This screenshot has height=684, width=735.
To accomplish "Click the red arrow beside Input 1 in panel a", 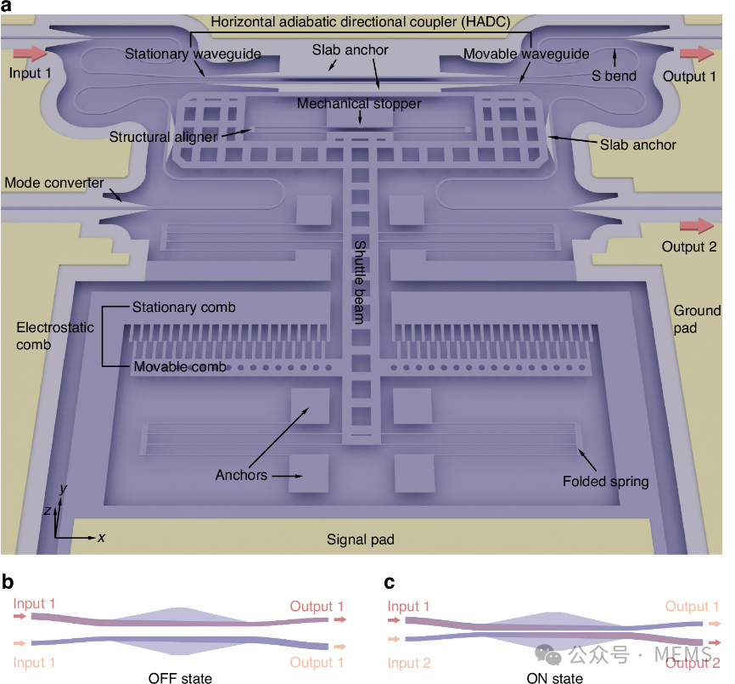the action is pyautogui.click(x=31, y=53).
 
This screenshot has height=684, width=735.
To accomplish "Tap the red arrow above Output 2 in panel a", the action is pyautogui.click(x=697, y=225).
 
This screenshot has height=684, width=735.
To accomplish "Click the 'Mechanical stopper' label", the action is pyautogui.click(x=359, y=104).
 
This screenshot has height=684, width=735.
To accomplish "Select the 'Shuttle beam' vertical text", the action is pyautogui.click(x=360, y=282).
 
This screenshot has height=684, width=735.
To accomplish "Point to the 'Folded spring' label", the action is pyautogui.click(x=606, y=481).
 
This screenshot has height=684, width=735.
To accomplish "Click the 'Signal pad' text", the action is pyautogui.click(x=361, y=540).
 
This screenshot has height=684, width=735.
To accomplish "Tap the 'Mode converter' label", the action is pyautogui.click(x=54, y=183).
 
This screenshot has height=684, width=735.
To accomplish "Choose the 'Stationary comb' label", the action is pyautogui.click(x=183, y=308).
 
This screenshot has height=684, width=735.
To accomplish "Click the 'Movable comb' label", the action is pyautogui.click(x=180, y=366).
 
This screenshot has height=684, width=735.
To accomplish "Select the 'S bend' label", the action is pyautogui.click(x=614, y=76).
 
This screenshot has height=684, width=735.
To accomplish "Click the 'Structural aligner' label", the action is pyautogui.click(x=164, y=137).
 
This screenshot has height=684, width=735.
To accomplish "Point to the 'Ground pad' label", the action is pyautogui.click(x=697, y=319).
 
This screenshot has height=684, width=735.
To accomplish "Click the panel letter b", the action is pyautogui.click(x=8, y=582).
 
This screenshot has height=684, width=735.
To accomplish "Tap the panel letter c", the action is pyautogui.click(x=389, y=583).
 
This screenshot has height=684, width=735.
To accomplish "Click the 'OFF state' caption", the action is pyautogui.click(x=180, y=678).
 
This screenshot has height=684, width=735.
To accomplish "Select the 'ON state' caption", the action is pyautogui.click(x=555, y=678).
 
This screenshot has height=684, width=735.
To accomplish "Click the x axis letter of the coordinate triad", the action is pyautogui.click(x=101, y=538).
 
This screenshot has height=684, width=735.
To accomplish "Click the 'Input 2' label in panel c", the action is pyautogui.click(x=409, y=663).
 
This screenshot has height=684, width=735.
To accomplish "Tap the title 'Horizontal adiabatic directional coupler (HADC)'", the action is pyautogui.click(x=361, y=22).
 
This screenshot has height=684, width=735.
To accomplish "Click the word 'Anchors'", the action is pyautogui.click(x=241, y=475).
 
